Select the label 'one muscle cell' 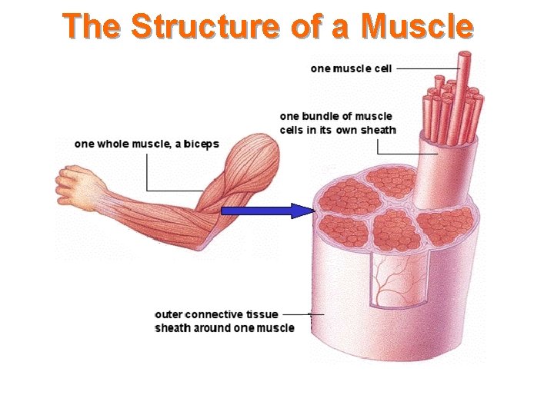[x=351, y=68]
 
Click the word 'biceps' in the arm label [x=202, y=144]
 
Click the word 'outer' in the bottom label [x=169, y=314]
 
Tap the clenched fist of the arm [x=74, y=186]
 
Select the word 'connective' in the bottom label [x=215, y=314]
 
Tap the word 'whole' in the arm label [x=113, y=144]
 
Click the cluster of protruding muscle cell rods [x=452, y=104]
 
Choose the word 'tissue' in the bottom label [x=262, y=314]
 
